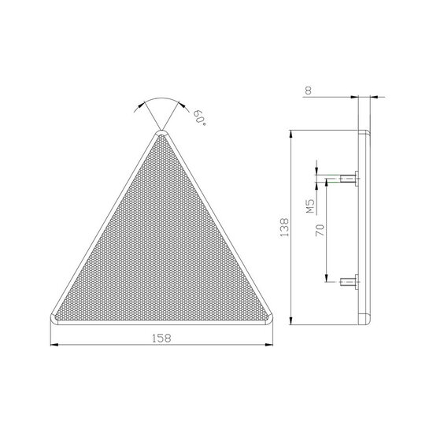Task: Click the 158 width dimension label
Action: (161, 338)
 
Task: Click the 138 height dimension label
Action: (284, 228)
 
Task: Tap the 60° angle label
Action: (200, 117)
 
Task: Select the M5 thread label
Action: (310, 206)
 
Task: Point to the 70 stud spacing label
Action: (320, 230)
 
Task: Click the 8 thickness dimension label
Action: (309, 91)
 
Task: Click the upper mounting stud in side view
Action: (350, 179)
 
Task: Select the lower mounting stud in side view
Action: (350, 282)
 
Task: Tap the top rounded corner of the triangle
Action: (161, 134)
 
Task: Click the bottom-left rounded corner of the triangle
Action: (54, 319)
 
